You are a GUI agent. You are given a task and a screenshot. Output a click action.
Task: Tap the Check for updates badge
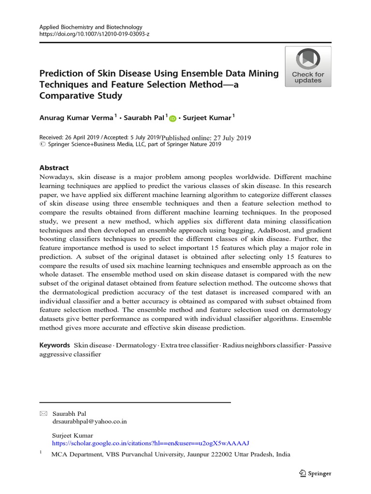pos(308,67)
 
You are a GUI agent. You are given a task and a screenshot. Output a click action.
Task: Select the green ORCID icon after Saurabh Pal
pos(172,118)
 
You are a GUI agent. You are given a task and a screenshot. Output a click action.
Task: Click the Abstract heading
pos(54,167)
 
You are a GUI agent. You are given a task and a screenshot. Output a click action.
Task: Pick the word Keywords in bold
pos(55,345)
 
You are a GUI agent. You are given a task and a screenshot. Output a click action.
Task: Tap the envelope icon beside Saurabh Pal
pos(43,413)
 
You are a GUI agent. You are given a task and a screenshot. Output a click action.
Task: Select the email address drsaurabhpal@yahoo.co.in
pos(89,421)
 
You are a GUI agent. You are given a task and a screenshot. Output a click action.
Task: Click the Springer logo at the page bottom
pos(315,473)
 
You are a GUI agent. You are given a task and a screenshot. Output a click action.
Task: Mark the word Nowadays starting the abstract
pos(55,177)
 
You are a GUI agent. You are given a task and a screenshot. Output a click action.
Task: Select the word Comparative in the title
pos(65,96)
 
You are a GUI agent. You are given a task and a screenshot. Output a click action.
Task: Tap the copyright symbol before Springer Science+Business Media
pos(42,144)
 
